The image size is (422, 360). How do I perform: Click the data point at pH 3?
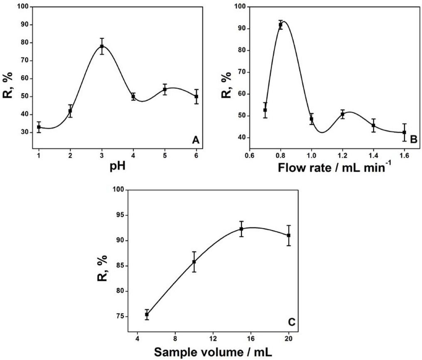[102, 46]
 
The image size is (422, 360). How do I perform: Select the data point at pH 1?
[39, 127]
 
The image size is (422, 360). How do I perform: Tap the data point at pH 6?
[196, 96]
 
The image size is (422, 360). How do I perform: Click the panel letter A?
[196, 141]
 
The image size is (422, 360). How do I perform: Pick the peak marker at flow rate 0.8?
[280, 25]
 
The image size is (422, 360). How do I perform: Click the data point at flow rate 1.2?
[343, 114]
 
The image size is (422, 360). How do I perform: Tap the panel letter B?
[413, 141]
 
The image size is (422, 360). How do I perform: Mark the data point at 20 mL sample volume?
[288, 235]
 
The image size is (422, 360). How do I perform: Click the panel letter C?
[292, 322]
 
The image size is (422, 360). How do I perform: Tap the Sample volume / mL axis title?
[213, 353]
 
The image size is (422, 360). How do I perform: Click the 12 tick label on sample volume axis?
[213, 338]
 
